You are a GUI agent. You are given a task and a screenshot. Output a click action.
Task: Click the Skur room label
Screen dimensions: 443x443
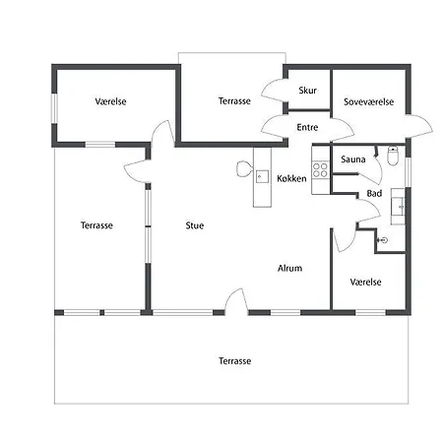(x=308, y=91)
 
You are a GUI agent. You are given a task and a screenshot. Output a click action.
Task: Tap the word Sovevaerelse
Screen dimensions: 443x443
(x=368, y=101)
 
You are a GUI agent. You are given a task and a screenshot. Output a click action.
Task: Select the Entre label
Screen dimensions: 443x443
(x=307, y=127)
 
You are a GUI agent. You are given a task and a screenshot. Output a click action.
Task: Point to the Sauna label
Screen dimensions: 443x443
(x=353, y=159)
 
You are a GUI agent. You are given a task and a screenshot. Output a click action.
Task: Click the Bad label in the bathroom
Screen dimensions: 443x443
(x=374, y=193)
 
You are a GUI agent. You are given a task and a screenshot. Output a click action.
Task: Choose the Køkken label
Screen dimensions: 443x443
(x=291, y=178)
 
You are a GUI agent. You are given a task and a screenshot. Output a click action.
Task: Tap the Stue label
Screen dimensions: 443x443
(x=195, y=225)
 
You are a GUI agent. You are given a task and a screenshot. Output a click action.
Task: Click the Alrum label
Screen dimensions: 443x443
(x=289, y=268)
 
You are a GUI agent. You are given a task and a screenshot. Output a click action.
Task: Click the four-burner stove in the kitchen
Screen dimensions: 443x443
(x=320, y=169)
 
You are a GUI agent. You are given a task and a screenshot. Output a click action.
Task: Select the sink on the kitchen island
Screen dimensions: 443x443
(x=262, y=176)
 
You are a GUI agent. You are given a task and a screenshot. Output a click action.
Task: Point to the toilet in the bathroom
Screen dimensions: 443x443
(x=393, y=156)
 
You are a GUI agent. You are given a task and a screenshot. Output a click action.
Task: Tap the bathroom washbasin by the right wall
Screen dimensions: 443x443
(x=398, y=207)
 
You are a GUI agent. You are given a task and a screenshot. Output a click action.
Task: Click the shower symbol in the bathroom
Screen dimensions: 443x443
(x=383, y=240)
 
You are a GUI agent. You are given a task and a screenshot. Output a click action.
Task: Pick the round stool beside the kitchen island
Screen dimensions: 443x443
(x=243, y=168)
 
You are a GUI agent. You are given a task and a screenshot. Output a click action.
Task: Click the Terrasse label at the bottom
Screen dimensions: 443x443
(x=235, y=361)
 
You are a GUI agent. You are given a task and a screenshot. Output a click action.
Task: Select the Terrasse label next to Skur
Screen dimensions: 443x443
(x=234, y=101)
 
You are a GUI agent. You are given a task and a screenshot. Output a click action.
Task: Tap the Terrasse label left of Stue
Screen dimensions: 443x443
(x=96, y=225)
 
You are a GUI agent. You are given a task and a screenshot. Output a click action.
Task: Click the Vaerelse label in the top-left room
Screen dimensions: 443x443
(x=110, y=101)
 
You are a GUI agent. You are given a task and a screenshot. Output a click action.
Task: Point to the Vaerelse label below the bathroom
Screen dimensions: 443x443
(x=365, y=282)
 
